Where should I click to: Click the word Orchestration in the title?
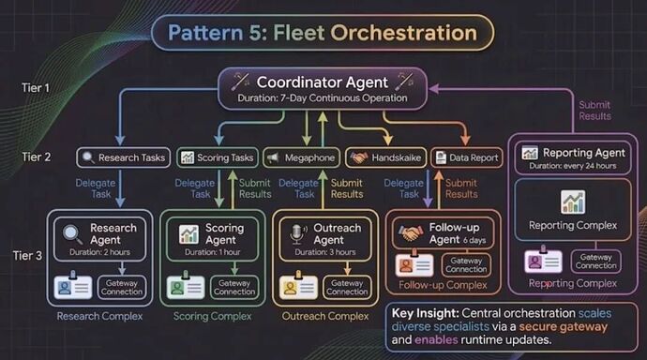tap(403, 33)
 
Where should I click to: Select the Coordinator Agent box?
tap(323, 89)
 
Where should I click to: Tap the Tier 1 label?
tap(36, 88)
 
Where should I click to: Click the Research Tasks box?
tap(124, 157)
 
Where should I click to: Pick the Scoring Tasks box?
tap(218, 157)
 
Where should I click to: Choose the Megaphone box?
tap(301, 157)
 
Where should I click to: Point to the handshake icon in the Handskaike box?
tap(359, 157)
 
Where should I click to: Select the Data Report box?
tap(467, 157)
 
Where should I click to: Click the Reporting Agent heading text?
tap(584, 153)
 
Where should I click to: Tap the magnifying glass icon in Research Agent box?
tap(72, 234)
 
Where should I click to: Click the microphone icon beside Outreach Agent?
tap(298, 233)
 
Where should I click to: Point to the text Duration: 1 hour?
tap(213, 252)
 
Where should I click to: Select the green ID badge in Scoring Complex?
tap(186, 286)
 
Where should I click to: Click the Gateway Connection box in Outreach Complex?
tap(347, 287)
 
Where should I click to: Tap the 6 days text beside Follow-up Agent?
tap(474, 240)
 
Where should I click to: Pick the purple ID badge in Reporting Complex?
tap(543, 260)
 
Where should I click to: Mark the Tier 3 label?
tap(27, 256)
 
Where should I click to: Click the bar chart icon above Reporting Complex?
tap(573, 202)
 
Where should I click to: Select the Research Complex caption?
tap(99, 316)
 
